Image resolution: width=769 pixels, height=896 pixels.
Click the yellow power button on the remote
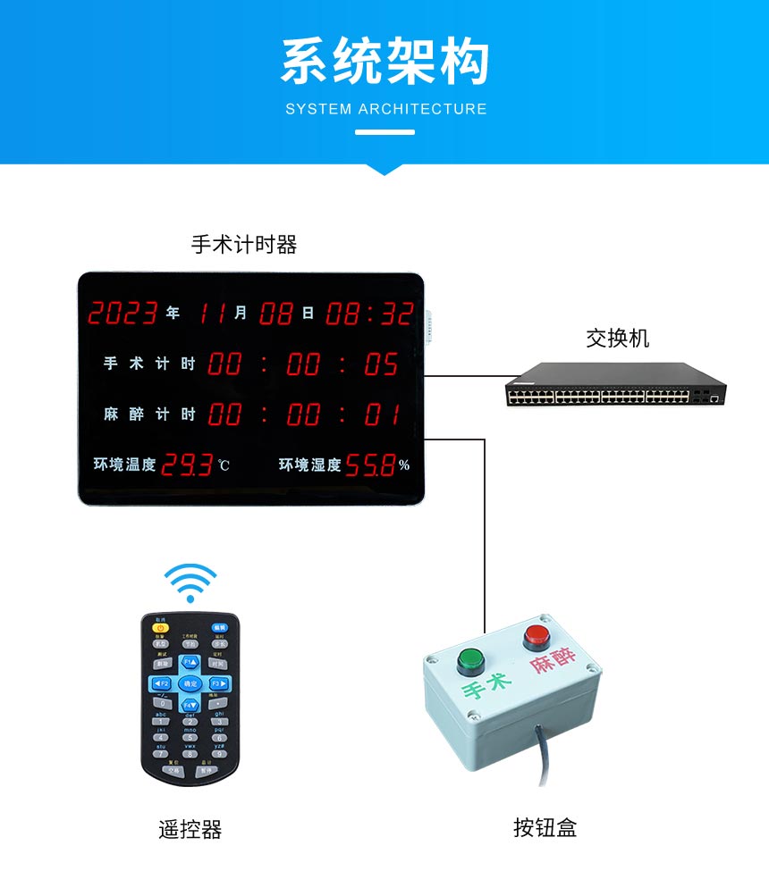161,628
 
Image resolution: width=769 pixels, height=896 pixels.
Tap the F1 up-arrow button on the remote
190,662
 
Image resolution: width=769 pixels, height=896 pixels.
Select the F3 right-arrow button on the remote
218,683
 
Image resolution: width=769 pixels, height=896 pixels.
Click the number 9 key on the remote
218,753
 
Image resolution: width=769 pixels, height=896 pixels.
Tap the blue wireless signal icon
190,583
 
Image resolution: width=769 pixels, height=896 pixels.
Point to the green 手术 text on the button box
486,687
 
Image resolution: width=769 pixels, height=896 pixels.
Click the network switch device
615,386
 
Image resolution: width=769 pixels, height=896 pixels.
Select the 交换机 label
617,339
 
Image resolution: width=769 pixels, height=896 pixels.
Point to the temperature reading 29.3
187,465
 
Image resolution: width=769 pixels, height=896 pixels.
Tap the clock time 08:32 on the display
369,314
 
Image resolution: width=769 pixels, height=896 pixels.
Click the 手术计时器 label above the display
244,245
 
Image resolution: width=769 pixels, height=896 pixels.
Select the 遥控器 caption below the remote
190,829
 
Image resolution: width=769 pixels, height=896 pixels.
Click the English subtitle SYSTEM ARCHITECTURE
386,109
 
